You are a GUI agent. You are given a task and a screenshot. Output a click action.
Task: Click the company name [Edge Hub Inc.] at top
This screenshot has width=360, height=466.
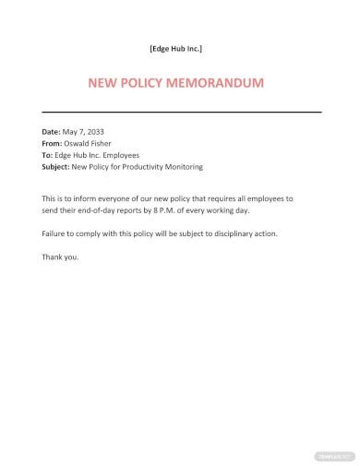(x=174, y=47)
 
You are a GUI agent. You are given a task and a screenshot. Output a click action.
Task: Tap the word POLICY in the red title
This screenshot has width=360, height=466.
(x=147, y=82)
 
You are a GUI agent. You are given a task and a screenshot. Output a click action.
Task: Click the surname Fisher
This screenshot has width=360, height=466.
(x=115, y=145)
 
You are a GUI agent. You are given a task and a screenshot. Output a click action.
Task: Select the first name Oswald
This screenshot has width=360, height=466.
(x=83, y=145)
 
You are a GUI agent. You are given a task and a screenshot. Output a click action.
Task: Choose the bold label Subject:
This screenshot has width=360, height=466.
(x=58, y=167)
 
